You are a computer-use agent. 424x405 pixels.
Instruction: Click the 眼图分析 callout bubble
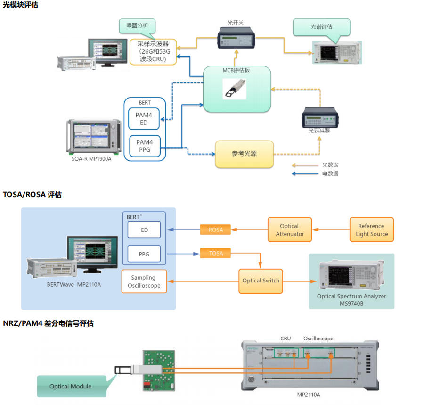click(137, 26)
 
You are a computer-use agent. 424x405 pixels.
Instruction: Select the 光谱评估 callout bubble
click(321, 27)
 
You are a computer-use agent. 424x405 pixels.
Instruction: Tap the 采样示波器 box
click(153, 52)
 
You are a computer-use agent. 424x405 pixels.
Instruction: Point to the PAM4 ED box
click(144, 118)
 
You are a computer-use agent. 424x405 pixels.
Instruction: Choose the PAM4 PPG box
click(144, 146)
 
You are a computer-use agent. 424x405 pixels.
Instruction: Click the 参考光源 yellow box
click(244, 154)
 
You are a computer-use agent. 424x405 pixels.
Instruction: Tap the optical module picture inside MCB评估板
click(234, 89)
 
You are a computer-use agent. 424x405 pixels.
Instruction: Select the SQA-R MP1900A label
click(92, 159)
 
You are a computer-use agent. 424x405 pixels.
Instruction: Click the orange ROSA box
click(215, 230)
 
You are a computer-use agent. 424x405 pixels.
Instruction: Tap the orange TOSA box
click(215, 253)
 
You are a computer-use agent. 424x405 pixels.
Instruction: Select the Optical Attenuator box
click(289, 230)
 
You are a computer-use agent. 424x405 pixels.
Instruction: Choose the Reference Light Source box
click(371, 230)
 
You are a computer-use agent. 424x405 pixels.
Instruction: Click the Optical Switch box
click(261, 281)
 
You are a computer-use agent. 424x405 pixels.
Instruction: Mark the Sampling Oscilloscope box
click(144, 281)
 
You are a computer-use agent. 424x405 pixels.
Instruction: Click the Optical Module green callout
click(71, 386)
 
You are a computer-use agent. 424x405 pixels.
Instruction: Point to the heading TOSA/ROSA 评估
click(32, 194)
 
